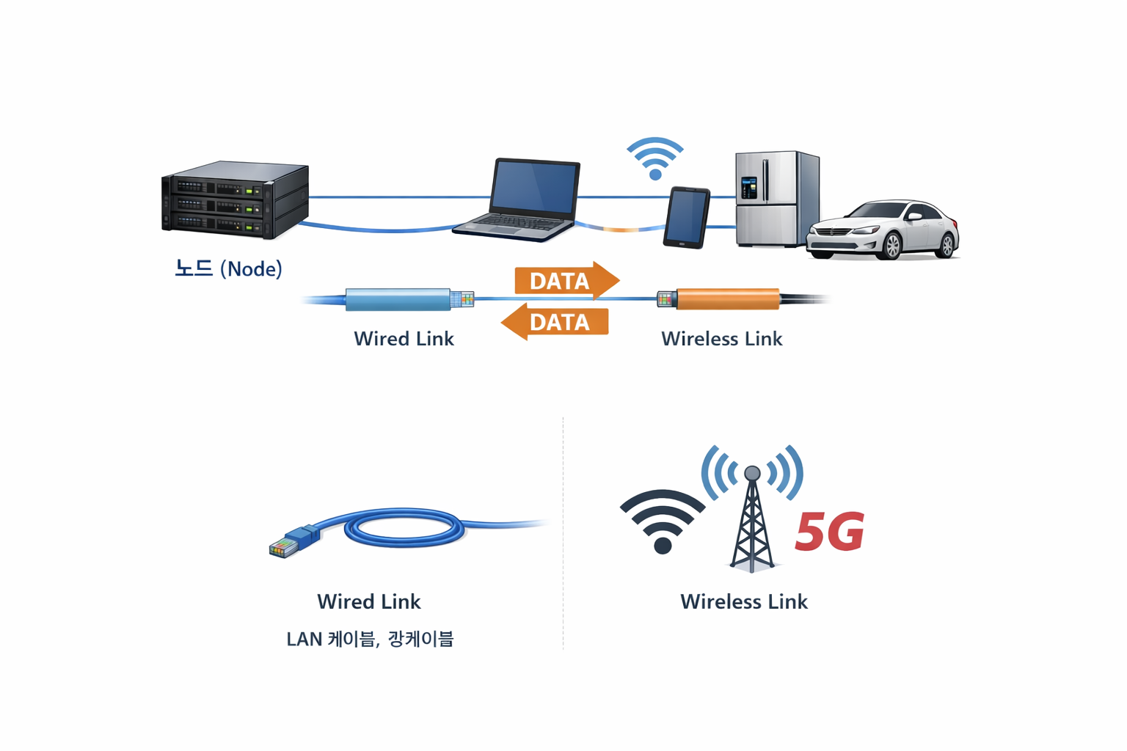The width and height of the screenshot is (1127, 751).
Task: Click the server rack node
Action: pos(235,199)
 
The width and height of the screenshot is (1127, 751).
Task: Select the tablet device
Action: pos(687,218)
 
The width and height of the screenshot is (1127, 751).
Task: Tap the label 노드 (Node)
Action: pos(228,268)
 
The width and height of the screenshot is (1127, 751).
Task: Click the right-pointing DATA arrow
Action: pos(566,281)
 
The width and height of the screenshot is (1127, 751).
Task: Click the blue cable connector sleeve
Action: pos(398,299)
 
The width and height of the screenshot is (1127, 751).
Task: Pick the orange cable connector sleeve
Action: pos(727,299)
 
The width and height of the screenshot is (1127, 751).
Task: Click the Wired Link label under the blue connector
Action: pos(404,339)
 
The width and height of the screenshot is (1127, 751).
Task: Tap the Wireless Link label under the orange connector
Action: pos(721,339)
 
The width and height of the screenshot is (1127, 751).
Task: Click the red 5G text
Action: pos(830,532)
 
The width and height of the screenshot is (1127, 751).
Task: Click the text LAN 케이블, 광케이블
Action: pos(370,639)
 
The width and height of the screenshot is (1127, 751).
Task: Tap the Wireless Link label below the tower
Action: pos(743,601)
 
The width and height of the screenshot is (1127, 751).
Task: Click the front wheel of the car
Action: pos(891,246)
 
